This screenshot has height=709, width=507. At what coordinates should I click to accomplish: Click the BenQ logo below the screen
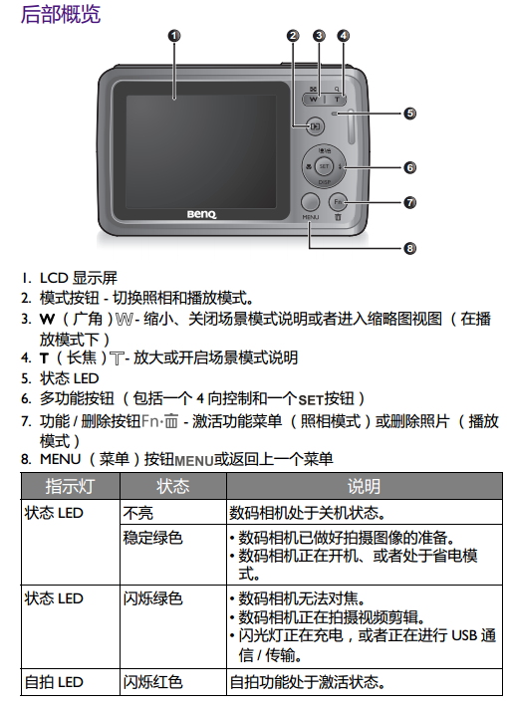[201, 214]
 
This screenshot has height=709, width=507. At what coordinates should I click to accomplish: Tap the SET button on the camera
[324, 166]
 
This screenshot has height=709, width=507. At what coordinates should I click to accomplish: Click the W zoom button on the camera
[313, 99]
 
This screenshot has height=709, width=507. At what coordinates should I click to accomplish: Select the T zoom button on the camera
[337, 99]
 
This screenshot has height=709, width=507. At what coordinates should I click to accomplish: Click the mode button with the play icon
[315, 126]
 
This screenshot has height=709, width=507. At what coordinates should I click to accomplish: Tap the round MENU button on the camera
[310, 202]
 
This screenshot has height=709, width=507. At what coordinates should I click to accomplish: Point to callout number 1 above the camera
[174, 35]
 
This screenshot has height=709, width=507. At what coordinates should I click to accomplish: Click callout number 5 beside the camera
[409, 114]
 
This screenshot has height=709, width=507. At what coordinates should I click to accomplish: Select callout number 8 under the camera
[409, 248]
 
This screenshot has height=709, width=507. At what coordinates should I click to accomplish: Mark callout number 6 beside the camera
[409, 167]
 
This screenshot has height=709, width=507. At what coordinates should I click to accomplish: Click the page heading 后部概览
[61, 14]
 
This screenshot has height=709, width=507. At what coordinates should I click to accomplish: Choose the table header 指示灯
[70, 486]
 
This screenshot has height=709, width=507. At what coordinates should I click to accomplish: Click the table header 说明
[365, 486]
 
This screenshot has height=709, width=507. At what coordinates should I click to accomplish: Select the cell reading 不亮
[137, 513]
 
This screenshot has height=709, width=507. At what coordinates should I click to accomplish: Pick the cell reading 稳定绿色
[152, 538]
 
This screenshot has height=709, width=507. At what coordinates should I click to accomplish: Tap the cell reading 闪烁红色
[152, 682]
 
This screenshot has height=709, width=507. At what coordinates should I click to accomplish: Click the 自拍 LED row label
[54, 682]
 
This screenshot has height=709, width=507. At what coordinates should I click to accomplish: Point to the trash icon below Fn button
[338, 217]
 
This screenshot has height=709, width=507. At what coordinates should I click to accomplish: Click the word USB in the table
[464, 635]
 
